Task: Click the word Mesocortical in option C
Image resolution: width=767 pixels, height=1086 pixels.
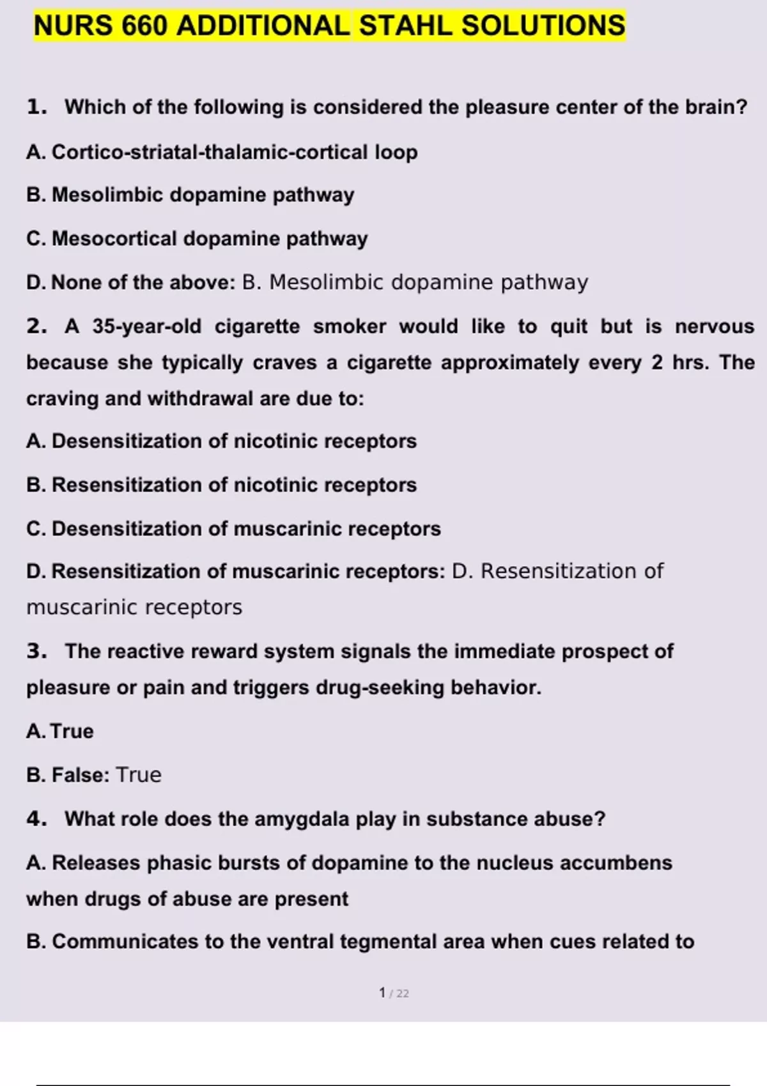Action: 114,238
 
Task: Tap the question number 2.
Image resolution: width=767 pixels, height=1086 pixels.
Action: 36,326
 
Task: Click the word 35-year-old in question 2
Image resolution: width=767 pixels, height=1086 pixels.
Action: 146,326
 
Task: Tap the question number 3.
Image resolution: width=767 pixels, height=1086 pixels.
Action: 36,651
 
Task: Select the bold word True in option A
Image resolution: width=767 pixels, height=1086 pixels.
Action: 72,731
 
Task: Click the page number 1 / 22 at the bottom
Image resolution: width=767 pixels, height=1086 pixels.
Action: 394,993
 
